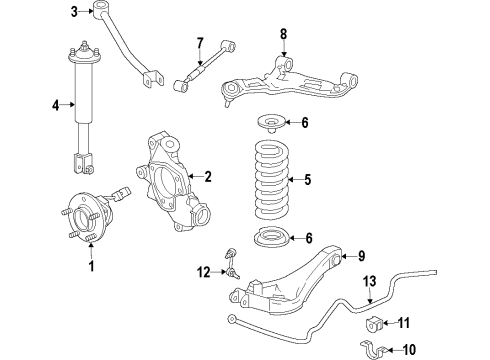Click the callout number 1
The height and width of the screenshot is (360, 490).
[92, 266]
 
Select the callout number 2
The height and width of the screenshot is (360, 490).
[208, 177]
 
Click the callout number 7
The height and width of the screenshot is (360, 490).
[200, 42]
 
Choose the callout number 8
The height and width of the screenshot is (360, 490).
[283, 34]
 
